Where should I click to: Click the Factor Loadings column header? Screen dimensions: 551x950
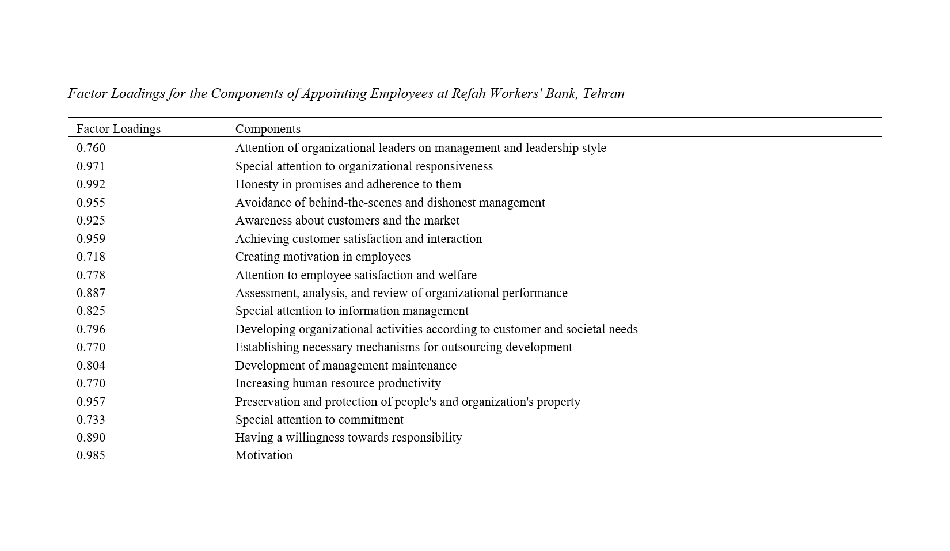[118, 128]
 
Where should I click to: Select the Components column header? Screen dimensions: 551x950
[268, 128]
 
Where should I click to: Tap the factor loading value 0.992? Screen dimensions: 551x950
[91, 184]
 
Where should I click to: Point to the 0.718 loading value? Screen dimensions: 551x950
[91, 257]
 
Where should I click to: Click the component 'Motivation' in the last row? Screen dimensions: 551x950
[264, 455]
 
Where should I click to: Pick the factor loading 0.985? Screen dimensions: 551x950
[91, 455]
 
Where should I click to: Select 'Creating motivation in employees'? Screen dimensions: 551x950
[322, 257]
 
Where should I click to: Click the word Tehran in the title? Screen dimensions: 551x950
[603, 93]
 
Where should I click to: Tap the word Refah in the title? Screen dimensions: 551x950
[469, 93]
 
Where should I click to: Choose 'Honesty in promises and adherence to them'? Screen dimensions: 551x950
[348, 184]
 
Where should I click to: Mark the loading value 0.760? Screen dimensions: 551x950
[91, 148]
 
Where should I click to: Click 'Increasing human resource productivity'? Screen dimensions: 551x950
[338, 383]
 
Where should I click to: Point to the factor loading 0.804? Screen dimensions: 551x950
[91, 366]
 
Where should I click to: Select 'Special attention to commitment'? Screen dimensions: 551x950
[319, 420]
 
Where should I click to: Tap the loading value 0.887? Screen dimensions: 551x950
[91, 293]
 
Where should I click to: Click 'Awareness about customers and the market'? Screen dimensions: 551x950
[347, 221]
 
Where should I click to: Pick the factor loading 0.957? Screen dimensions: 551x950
[91, 402]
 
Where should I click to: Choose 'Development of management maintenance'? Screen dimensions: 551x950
[345, 366]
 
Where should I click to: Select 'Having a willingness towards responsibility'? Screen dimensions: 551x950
[348, 438]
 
